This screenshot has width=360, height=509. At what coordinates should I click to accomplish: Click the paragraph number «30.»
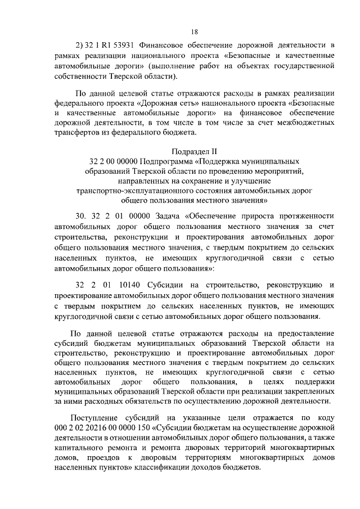tap(82, 217)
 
